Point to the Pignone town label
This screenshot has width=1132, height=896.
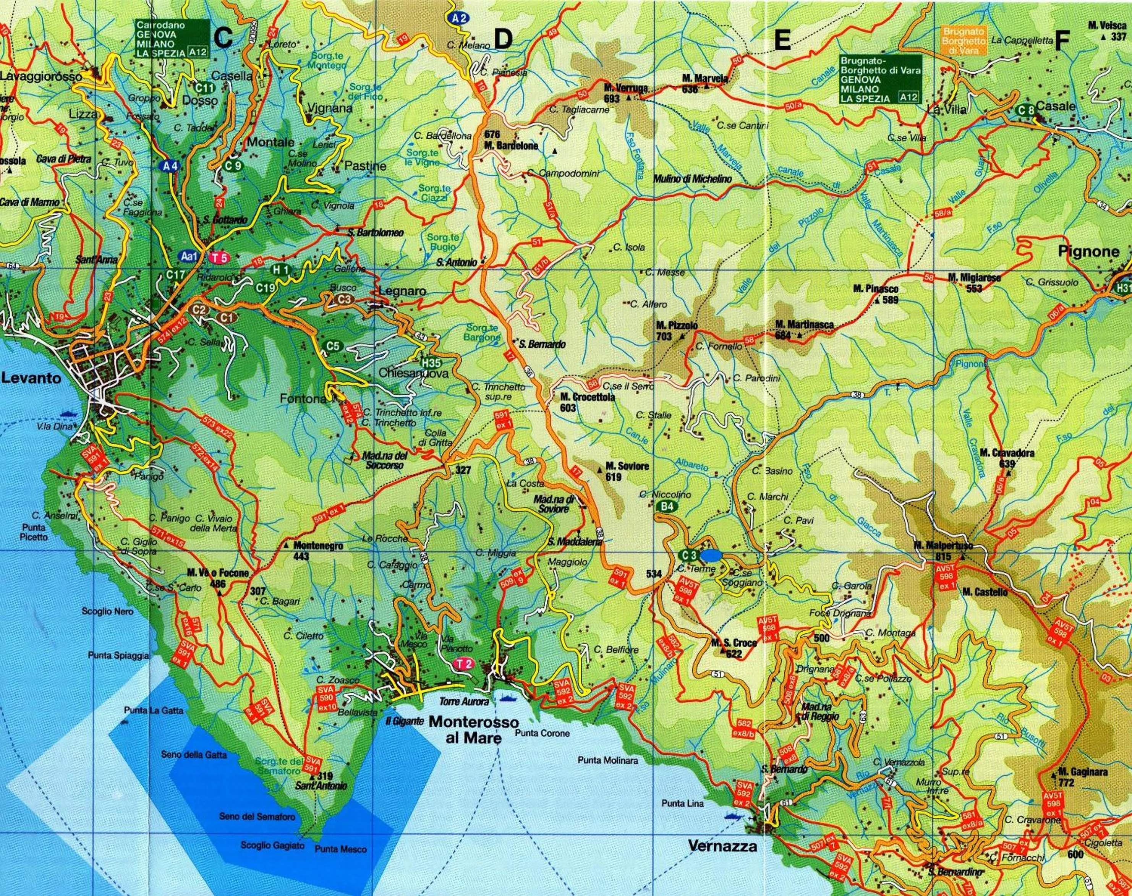coord(1088,251)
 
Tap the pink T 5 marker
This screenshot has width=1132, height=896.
coord(220,258)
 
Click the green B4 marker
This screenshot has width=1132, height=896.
coord(667,506)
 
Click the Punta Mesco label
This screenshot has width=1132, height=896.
coord(340,849)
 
